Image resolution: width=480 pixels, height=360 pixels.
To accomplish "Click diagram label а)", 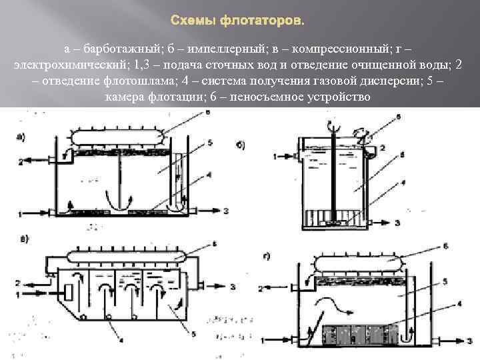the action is tap(21, 138).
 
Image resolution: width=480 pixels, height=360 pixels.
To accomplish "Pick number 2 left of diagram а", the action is tap(21, 161).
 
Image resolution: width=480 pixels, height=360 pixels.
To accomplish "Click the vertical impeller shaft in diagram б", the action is tap(331, 180).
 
